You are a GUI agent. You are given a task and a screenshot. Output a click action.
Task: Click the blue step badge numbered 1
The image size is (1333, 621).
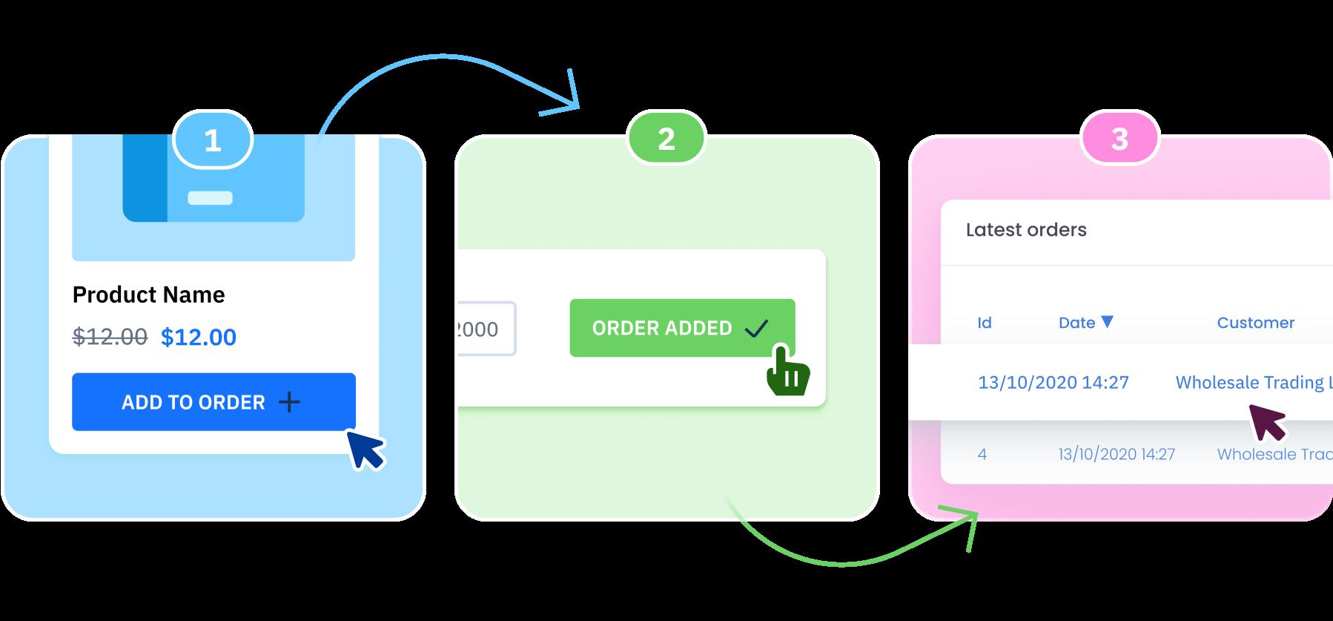(213, 139)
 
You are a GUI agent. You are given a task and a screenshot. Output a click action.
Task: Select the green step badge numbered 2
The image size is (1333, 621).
(666, 139)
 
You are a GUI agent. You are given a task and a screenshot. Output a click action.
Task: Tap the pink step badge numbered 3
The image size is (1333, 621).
(1119, 139)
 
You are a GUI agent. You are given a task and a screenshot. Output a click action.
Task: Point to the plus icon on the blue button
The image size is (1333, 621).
(289, 402)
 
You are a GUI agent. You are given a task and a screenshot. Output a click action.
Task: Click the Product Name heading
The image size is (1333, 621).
(148, 295)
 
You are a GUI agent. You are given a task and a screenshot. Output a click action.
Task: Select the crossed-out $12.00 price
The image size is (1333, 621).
(110, 337)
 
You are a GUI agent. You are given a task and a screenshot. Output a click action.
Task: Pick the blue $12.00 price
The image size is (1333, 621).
(199, 337)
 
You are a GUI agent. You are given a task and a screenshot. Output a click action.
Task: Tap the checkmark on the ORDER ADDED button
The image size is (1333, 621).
(756, 328)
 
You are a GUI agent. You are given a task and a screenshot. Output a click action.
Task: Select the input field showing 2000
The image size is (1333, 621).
(486, 329)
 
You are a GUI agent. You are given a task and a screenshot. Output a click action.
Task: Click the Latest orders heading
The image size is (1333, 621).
(1026, 230)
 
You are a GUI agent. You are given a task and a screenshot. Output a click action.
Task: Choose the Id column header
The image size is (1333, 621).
(985, 323)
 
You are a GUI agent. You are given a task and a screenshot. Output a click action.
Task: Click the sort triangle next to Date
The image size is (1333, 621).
(1108, 321)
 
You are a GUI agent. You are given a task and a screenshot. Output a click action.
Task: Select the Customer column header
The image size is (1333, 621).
(1255, 323)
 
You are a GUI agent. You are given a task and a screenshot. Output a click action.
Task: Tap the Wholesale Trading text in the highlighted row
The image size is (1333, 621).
(1253, 382)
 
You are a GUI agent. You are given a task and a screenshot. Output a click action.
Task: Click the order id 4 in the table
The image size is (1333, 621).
(982, 454)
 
